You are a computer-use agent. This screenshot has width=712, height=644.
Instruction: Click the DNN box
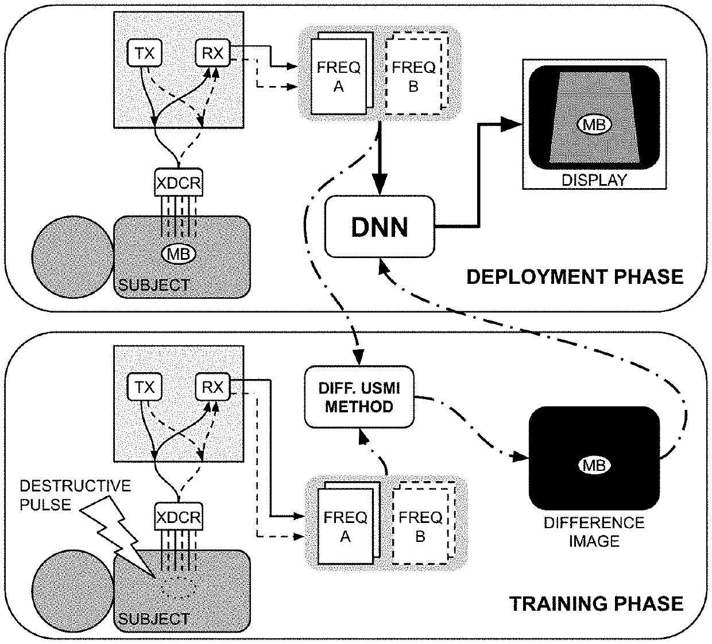[x=379, y=227]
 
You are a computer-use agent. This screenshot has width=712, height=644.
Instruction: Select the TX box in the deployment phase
[x=144, y=54]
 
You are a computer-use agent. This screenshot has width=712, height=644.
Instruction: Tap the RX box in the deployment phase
[x=212, y=54]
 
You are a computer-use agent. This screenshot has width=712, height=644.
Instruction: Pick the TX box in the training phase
[x=144, y=388]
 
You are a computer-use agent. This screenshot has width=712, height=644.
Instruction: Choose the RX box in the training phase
[x=212, y=388]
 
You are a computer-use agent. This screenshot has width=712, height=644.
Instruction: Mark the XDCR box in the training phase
[x=179, y=518]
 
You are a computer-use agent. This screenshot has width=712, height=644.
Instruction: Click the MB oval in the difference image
[x=594, y=465]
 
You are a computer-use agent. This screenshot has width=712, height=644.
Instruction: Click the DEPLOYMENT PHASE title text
[x=574, y=277]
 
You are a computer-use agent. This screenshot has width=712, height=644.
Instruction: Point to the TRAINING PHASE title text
[x=596, y=603]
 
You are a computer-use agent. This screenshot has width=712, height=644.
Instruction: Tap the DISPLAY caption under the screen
[x=594, y=179]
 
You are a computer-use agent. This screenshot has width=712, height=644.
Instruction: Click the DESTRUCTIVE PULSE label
[x=75, y=495]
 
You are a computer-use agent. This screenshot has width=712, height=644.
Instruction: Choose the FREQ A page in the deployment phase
[x=338, y=76]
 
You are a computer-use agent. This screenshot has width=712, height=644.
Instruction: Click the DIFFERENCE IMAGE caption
[x=594, y=532]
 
